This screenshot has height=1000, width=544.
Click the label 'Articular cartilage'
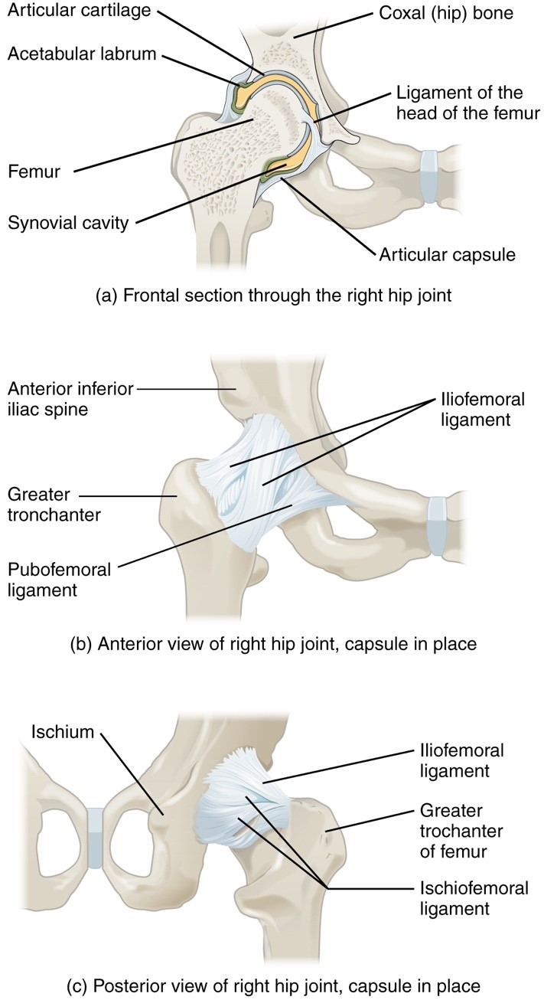pos(80,10)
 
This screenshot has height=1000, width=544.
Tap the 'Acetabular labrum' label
pos(82,54)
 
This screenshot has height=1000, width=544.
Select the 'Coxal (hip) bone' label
pos(446,13)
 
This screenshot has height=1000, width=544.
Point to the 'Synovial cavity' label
pos(68,223)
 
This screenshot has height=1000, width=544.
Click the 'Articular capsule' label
pos(447,255)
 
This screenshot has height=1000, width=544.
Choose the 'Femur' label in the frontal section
pos(34,172)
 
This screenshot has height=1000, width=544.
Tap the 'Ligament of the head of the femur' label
pos(468,103)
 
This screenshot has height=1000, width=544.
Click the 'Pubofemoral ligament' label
pos(60,580)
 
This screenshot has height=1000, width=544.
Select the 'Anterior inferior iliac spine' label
pos(70,399)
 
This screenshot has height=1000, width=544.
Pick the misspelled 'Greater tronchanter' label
pos(54,505)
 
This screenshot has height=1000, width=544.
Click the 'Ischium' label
pos(63,732)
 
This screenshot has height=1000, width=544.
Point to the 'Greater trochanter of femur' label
pos(461,832)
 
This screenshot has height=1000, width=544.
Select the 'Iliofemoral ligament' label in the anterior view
pos(483,410)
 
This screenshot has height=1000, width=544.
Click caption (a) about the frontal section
pos(274,296)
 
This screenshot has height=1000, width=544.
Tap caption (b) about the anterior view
pos(274,644)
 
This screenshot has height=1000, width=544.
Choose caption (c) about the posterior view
pos(274,985)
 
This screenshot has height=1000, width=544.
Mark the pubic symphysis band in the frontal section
pos(430,177)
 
